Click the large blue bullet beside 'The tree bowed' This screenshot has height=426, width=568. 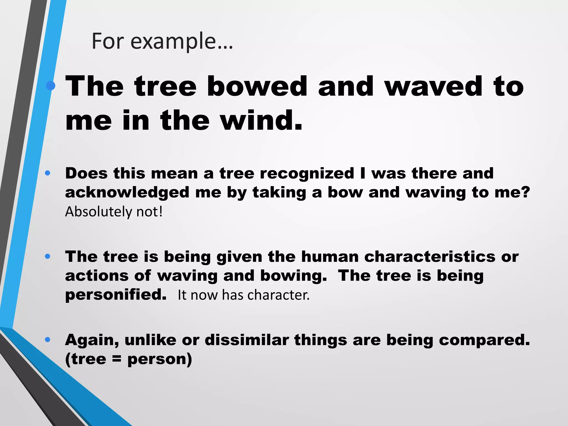pos(51,86)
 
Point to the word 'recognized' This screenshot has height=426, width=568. pos(307,173)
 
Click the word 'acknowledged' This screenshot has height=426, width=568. pos(127,192)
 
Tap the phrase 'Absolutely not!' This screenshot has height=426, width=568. pos(114,212)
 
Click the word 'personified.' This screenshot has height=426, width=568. pos(116,295)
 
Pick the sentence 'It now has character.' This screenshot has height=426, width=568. pos(243,295)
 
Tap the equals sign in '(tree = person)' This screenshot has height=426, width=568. pos(117,359)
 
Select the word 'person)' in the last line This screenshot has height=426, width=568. pos(159,359)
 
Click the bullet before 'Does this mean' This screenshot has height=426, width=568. pos(47,173)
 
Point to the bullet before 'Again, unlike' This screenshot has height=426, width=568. pos(47,339)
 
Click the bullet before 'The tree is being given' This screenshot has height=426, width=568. pos(47,257)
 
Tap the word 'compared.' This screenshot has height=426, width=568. pos(458,340)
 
